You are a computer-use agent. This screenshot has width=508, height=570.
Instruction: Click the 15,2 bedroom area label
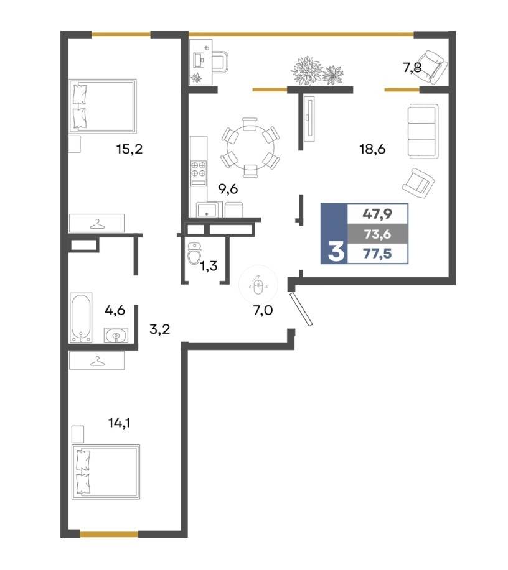tap(129, 149)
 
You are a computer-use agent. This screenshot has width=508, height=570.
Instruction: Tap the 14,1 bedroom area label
tap(119, 423)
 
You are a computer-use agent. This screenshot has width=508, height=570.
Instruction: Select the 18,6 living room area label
tap(372, 149)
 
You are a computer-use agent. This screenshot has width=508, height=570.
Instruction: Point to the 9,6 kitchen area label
tap(228, 189)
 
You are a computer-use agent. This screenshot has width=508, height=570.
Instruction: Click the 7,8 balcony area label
tap(412, 67)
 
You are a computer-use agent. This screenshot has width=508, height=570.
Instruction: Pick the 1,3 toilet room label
tap(209, 266)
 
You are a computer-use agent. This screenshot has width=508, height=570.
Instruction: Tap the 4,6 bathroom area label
tap(115, 310)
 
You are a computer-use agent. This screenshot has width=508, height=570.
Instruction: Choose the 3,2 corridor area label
tap(159, 329)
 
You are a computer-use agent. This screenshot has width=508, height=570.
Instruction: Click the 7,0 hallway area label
tap(263, 310)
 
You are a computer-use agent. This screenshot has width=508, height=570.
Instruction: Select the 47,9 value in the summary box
tap(377, 214)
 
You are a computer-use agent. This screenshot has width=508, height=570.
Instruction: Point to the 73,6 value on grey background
tap(377, 234)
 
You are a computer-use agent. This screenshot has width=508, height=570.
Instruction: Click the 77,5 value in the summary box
tap(377, 254)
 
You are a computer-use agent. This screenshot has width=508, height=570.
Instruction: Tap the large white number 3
tap(336, 252)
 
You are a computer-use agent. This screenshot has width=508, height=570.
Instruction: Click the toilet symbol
tap(194, 254)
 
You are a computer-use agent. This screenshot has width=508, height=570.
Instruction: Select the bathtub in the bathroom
tap(80, 318)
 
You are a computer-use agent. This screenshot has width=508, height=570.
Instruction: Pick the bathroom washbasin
tap(116, 335)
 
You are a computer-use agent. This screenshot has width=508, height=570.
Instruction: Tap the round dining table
tap(250, 147)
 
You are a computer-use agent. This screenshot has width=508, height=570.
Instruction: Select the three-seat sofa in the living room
tap(423, 131)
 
